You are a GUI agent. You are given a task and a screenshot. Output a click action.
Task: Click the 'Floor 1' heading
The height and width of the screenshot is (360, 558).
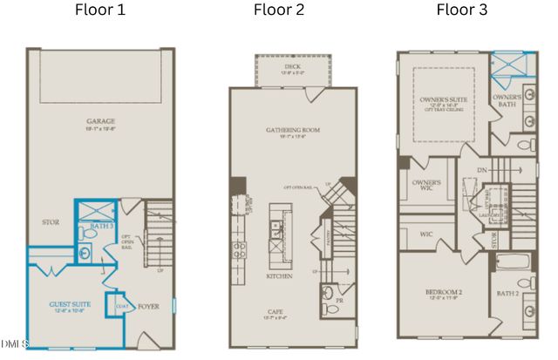(100, 10)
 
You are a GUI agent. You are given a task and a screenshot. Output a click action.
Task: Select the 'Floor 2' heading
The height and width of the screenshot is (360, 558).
(280, 10)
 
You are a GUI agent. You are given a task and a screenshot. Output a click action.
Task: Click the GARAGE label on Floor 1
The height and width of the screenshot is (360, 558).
(101, 122)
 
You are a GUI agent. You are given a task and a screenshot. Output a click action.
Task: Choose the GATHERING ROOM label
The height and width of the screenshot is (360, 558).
(293, 130)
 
